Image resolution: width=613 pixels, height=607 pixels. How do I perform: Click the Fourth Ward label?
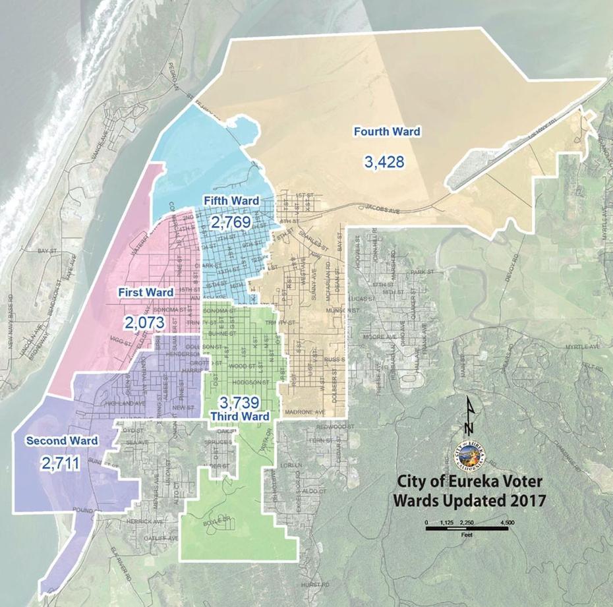click(x=387, y=131)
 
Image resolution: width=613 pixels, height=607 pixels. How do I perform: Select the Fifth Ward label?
click(x=231, y=200)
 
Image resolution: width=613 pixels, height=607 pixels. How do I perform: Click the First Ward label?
click(x=146, y=291)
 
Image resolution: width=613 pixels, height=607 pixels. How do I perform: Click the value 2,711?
click(x=60, y=464)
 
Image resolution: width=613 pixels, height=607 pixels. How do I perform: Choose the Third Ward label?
click(x=240, y=417)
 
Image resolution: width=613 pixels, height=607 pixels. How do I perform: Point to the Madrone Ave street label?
click(x=305, y=413)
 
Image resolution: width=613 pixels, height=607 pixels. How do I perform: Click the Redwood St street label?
click(x=330, y=426)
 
